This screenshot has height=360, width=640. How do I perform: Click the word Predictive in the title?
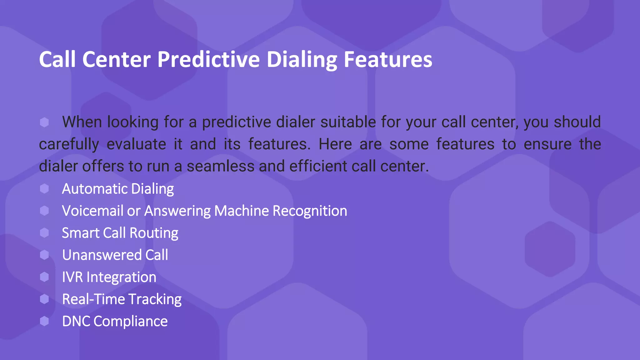tap(208, 59)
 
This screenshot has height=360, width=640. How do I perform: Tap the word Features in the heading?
tap(388, 59)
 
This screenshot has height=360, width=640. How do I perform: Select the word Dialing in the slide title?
tap(302, 59)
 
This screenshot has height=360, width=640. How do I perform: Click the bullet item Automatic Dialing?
tap(118, 189)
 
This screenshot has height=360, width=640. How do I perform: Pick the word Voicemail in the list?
tap(92, 211)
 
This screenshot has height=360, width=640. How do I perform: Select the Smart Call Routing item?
tap(120, 233)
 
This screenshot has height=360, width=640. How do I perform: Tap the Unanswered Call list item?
tap(115, 255)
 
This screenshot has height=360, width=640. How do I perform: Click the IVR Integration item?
tap(109, 277)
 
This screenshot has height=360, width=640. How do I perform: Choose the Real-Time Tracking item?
tap(122, 299)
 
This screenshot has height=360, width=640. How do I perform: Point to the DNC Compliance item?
tap(115, 321)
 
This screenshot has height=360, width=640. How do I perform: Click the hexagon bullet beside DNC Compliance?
tap(44, 321)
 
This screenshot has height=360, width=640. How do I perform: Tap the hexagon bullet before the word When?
tap(44, 122)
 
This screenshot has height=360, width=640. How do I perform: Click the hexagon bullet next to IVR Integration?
tap(44, 277)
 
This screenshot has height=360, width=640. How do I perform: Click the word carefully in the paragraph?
tap(69, 144)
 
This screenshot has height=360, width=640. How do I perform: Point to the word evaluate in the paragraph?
tap(136, 144)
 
